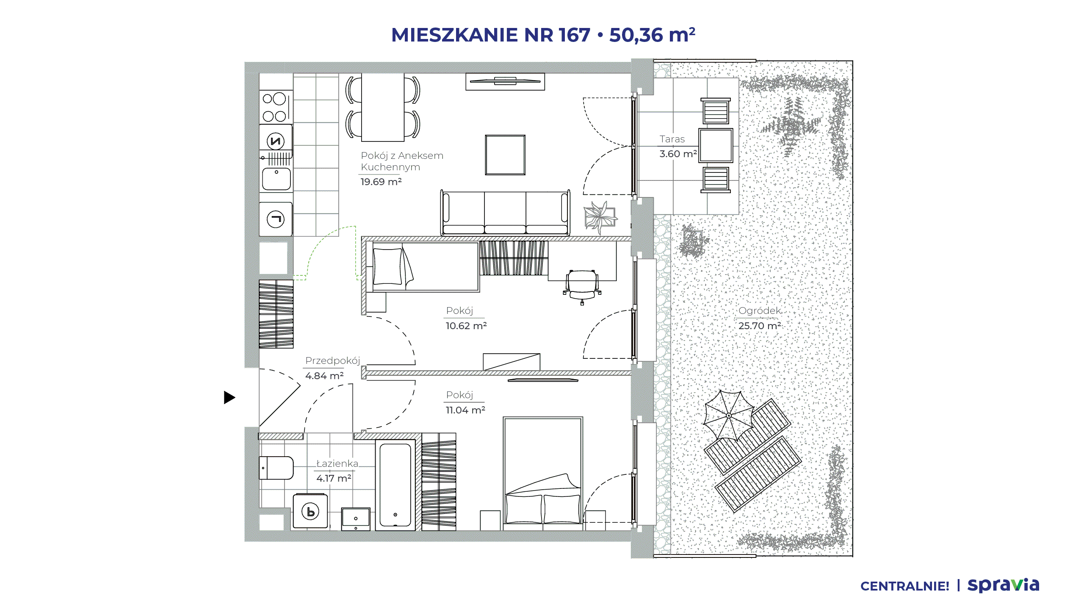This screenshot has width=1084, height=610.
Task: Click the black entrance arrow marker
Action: pyautogui.click(x=229, y=397)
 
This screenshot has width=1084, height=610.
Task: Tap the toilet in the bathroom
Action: pyautogui.click(x=276, y=468)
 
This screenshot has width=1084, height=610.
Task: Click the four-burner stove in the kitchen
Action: pyautogui.click(x=276, y=107)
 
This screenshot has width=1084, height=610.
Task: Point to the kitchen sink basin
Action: pyautogui.click(x=276, y=179)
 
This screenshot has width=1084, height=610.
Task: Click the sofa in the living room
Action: pyautogui.click(x=505, y=213)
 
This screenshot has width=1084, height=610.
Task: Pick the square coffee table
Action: pyautogui.click(x=505, y=155)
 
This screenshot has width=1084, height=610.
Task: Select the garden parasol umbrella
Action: pyautogui.click(x=729, y=416)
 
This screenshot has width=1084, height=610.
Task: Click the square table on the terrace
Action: pyautogui.click(x=716, y=145)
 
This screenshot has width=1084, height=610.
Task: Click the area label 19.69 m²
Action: pyautogui.click(x=381, y=182)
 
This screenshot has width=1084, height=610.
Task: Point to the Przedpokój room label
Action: pyautogui.click(x=332, y=360)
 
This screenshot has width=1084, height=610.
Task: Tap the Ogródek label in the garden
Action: pyautogui.click(x=759, y=311)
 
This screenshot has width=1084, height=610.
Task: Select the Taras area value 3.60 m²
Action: pyautogui.click(x=678, y=154)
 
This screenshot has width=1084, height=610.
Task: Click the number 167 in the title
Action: pyautogui.click(x=574, y=35)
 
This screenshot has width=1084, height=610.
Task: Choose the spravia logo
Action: pyautogui.click(x=1003, y=585)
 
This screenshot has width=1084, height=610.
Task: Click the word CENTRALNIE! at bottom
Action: pyautogui.click(x=905, y=586)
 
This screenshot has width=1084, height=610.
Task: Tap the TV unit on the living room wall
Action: pyautogui.click(x=505, y=81)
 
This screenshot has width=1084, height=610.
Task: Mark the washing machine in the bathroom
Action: pyautogui.click(x=310, y=511)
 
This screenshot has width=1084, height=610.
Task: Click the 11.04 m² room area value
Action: pyautogui.click(x=465, y=410)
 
